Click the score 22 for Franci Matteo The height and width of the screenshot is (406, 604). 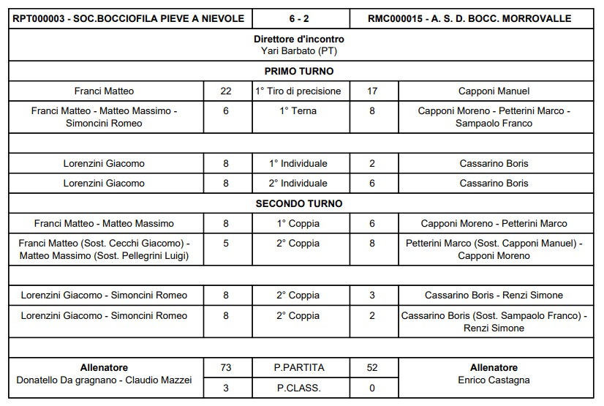point(226,91)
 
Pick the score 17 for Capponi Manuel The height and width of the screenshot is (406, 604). point(372,91)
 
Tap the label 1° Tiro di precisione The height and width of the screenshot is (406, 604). point(298,91)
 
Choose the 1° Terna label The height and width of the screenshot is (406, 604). point(298,111)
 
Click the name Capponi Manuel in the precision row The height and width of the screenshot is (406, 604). point(494,91)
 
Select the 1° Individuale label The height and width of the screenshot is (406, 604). point(298,164)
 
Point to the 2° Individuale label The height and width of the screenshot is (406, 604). point(298,184)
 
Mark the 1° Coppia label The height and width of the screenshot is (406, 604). point(298,223)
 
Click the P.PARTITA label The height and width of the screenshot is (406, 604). point(298,367)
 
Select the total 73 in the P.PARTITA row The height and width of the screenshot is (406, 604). point(226,367)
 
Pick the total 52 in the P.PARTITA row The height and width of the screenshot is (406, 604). point(372,367)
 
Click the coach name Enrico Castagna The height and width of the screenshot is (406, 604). point(494,380)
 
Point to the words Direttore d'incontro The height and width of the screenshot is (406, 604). point(298,39)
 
